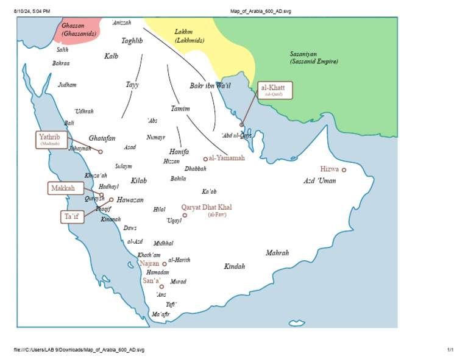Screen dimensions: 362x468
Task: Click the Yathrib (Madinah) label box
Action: coord(50,140)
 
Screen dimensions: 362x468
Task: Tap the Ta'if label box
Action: coord(71,216)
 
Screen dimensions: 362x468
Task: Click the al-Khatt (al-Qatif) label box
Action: coord(274,90)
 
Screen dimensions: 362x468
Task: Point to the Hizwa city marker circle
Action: coord(344,170)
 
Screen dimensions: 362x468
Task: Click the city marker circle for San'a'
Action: coord(161,286)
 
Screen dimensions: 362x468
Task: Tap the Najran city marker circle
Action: coord(164,264)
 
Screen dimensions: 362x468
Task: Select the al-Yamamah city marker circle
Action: coord(205,159)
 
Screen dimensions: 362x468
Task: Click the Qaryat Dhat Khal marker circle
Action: coord(185,215)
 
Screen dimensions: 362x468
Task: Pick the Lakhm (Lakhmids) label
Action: coord(189,36)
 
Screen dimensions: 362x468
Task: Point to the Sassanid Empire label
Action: coord(313,58)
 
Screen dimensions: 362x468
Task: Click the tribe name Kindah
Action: coord(235,266)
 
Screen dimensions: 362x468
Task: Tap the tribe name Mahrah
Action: coord(277,252)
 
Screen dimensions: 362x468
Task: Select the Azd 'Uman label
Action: coord(320,181)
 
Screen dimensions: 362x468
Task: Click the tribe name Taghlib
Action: coord(132,41)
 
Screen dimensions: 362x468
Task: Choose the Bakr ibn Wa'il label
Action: coord(210,86)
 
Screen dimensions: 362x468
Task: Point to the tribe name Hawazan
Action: coord(130,199)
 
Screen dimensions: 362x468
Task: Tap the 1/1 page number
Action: coord(450,350)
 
